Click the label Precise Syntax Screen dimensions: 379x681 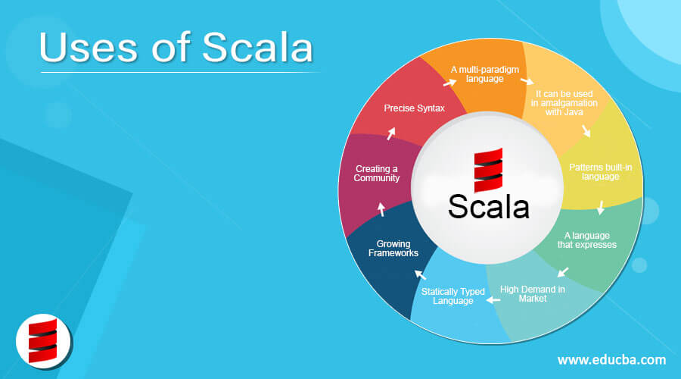point(414,108)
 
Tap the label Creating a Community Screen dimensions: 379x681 point(377,173)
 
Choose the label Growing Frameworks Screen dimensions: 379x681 point(393,249)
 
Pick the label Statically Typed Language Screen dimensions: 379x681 point(453,296)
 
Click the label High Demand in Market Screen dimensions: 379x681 point(533,293)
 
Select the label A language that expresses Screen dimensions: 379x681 point(586,240)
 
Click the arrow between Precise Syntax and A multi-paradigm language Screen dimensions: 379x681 point(449,82)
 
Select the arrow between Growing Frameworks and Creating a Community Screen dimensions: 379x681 point(381,209)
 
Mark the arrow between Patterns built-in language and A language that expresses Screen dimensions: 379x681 point(601,207)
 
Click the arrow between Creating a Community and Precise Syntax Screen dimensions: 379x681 point(391,133)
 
